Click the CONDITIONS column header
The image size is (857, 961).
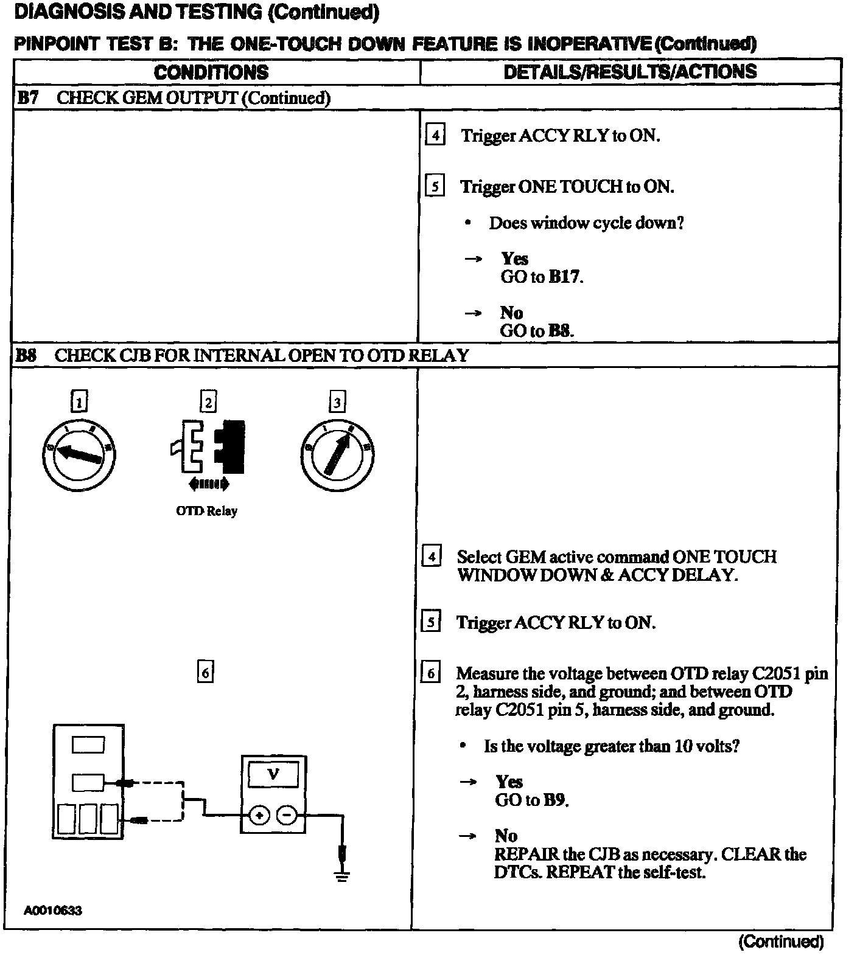[211, 72]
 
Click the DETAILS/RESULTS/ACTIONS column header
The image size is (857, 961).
[630, 72]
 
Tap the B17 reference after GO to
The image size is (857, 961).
[565, 277]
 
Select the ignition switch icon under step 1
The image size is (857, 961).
[79, 454]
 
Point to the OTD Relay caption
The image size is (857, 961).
[207, 511]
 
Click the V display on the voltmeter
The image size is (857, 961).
[273, 774]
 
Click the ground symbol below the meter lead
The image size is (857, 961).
[342, 876]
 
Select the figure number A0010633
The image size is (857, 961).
[54, 911]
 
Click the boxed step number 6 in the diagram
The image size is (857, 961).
[206, 672]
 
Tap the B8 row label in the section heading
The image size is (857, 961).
[26, 356]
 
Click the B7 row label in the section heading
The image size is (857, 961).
[27, 98]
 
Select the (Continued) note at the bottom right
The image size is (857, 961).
[781, 942]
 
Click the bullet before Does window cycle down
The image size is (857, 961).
[467, 223]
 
